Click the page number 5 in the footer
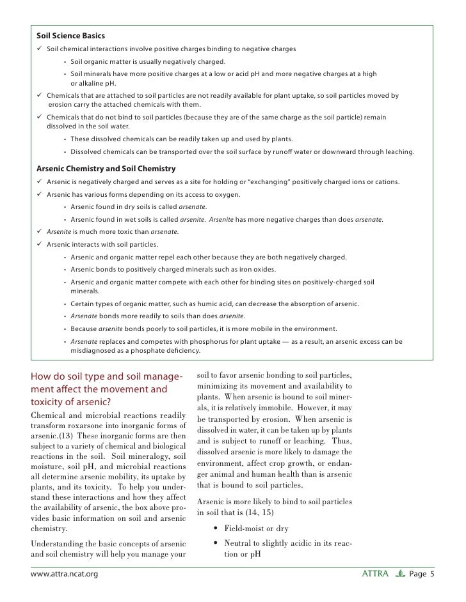pyautogui.click(x=432, y=574)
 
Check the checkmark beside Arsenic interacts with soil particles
pyautogui.click(x=39, y=244)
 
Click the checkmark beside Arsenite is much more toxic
pyautogui.click(x=39, y=231)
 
